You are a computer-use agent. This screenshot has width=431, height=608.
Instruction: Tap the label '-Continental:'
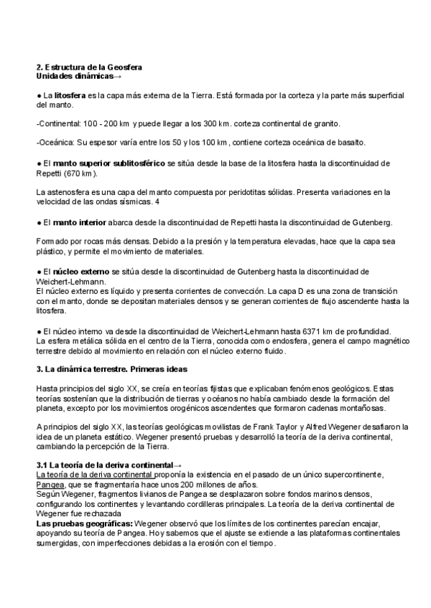[x=57, y=123]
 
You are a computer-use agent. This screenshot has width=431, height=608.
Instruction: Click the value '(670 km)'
[x=78, y=173]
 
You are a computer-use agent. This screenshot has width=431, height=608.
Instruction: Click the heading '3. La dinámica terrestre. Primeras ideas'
[x=111, y=369]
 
